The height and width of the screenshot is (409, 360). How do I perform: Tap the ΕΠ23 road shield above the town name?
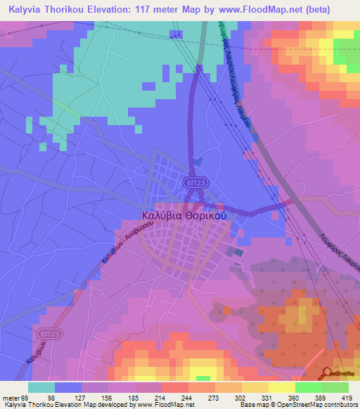(196, 182)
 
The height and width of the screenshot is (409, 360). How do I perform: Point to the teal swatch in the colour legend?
(41, 387)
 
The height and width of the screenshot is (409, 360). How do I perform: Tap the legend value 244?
(171, 398)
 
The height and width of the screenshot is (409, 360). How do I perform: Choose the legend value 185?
(130, 398)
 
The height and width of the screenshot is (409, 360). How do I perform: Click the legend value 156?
(110, 398)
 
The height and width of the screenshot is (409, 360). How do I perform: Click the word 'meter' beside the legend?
(13, 398)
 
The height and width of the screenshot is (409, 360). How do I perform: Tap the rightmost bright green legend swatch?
(335, 387)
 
